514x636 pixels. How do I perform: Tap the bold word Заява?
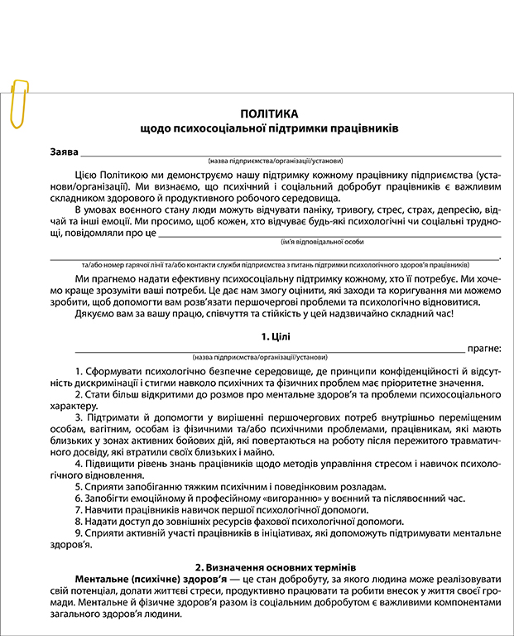point(64,152)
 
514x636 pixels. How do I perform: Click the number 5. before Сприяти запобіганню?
point(79,486)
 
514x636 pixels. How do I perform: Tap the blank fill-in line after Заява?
point(290,153)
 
